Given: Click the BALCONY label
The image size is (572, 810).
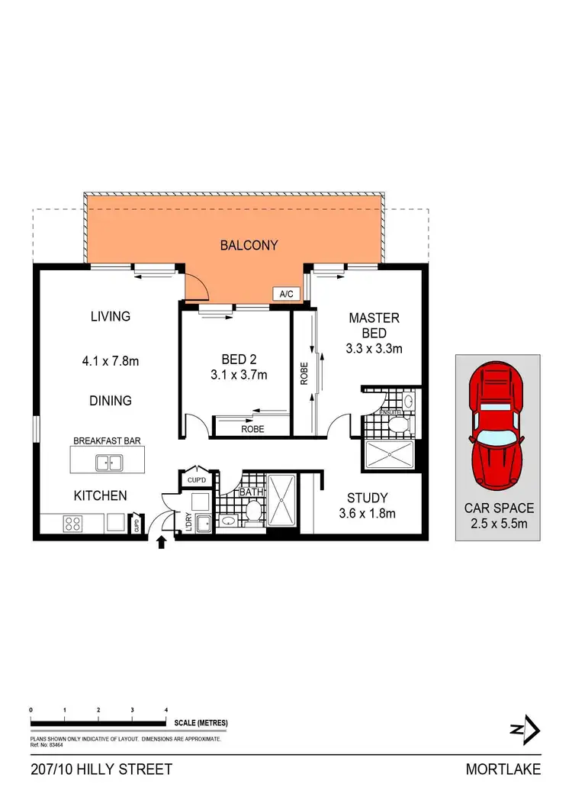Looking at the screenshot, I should point(249,245).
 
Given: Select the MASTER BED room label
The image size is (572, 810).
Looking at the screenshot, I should point(374,325).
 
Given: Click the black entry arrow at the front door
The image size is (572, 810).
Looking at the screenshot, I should point(161,544).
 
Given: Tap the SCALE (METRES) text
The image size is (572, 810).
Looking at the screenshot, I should point(201,723).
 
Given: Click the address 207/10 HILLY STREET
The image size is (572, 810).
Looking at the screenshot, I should point(101,770).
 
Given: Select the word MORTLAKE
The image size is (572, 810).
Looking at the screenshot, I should point(503,770).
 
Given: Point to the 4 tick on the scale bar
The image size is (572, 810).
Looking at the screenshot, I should point(166,710).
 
